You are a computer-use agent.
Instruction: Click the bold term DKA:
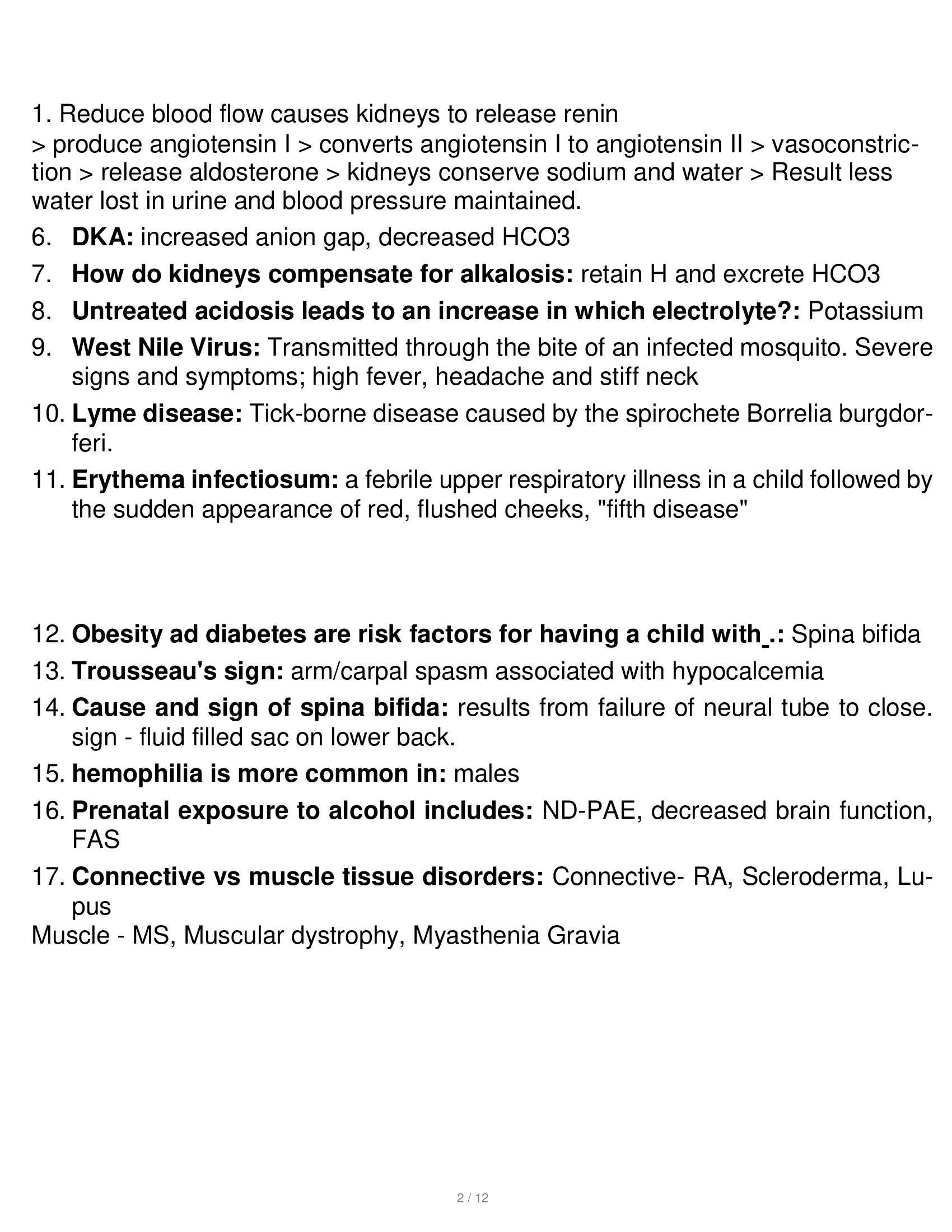coord(102,237)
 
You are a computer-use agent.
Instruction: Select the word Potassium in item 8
coord(866,311)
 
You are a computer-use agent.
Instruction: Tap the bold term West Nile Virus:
coord(166,348)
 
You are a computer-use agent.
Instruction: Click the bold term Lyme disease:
coord(157,414)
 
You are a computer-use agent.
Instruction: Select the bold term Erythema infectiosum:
coord(206,480)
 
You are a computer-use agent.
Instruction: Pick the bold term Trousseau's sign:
coord(178,671)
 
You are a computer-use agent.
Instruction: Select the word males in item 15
coord(486,773)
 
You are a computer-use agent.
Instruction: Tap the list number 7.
coord(42,274)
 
